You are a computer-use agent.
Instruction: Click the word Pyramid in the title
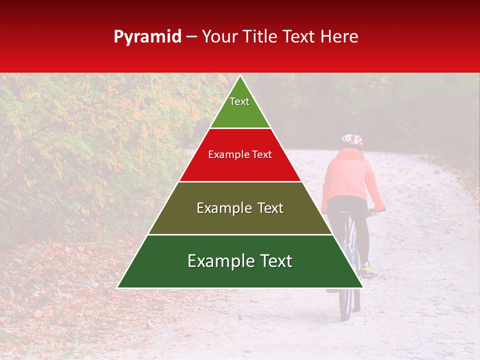click(x=147, y=37)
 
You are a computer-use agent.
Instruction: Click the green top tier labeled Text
click(x=240, y=107)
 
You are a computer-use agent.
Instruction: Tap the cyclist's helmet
click(x=352, y=140)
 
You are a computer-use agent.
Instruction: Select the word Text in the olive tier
click(x=270, y=208)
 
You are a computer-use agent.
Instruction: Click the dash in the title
click(x=191, y=37)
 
